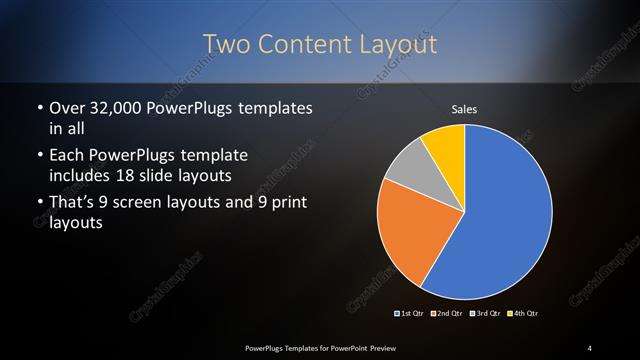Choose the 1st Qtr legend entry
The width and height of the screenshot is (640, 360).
click(409, 313)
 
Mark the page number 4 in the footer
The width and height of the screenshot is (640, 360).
click(590, 347)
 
